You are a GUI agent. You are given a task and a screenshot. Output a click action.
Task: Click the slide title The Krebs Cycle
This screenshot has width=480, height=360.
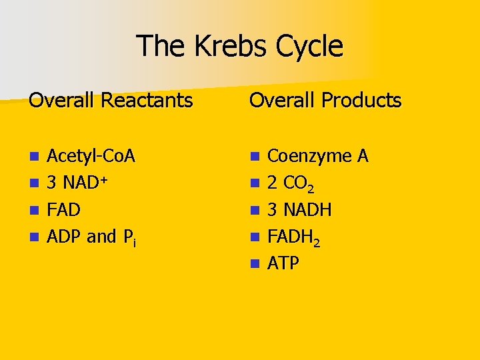(240, 47)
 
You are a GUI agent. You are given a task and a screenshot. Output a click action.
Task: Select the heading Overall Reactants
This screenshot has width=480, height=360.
(111, 101)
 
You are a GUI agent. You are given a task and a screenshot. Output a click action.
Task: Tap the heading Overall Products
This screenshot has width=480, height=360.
(325, 101)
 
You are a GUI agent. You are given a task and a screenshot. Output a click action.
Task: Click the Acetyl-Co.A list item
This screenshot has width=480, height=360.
(91, 156)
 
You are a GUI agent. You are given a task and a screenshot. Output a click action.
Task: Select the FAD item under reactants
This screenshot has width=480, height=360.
(64, 211)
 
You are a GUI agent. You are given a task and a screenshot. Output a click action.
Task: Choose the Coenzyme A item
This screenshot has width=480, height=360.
(317, 156)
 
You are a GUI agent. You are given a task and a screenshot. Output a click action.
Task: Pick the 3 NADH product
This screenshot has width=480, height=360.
(299, 211)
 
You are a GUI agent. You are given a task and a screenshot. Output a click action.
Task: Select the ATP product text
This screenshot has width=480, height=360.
(283, 264)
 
